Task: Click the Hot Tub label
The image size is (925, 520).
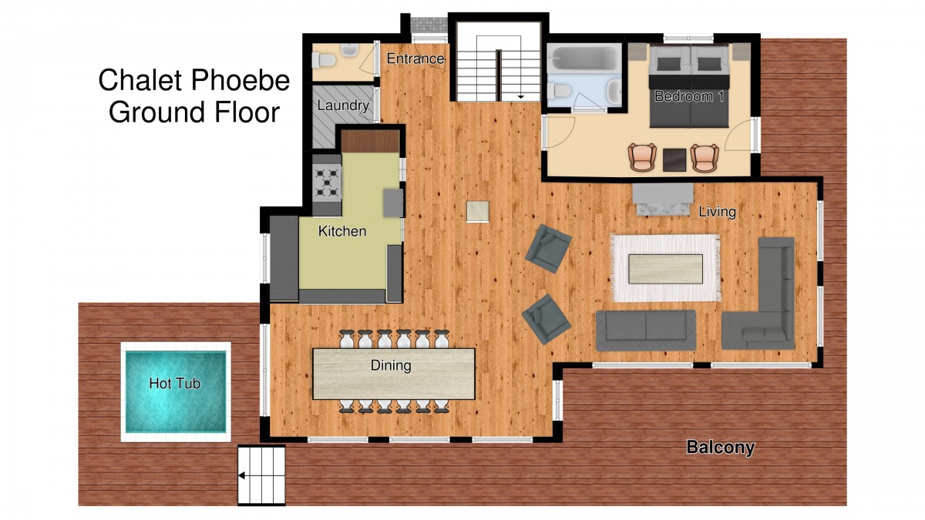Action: pos(175,384)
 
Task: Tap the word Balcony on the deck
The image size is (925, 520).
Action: pos(720,448)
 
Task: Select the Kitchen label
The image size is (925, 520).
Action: pos(342,231)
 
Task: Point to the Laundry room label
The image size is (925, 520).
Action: pos(343,106)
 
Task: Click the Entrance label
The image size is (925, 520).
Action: pos(415,59)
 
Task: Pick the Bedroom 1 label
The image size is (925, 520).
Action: pos(689,96)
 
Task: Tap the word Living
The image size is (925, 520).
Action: pos(718,212)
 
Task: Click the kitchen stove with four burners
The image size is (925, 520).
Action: pos(327,183)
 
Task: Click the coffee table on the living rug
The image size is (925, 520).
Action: pos(665,269)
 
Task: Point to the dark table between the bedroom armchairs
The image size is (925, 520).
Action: pos(674,159)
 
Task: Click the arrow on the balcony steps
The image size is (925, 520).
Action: pos(242,476)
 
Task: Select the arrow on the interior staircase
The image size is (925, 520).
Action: pos(521,97)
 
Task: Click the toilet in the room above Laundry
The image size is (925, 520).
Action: pos(323,61)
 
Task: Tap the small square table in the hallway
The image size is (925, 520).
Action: pos(478,212)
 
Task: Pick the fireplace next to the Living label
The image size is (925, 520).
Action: pos(663,200)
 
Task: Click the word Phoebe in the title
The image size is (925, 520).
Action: pos(240,80)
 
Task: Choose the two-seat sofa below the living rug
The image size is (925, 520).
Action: pos(646,331)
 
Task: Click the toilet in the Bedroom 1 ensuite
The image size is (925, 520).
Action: pos(558,90)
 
